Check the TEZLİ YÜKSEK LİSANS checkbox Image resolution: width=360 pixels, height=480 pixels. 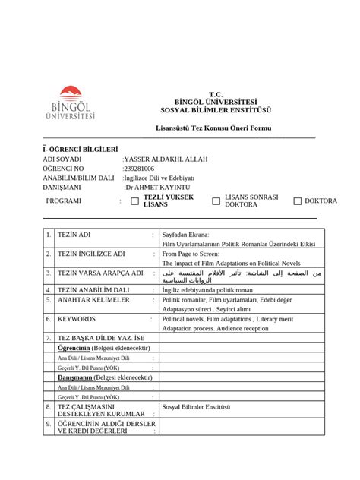coord(135,201)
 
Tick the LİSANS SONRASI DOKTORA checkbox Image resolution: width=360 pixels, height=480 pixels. coord(216,201)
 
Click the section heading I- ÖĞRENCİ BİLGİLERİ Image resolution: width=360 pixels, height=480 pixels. coord(81,149)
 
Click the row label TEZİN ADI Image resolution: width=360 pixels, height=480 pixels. coord(74,235)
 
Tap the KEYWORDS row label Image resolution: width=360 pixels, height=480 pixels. coord(77,320)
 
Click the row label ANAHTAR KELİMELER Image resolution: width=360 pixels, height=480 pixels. coord(93,300)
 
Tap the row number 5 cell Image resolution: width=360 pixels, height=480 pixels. coord(48,300)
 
